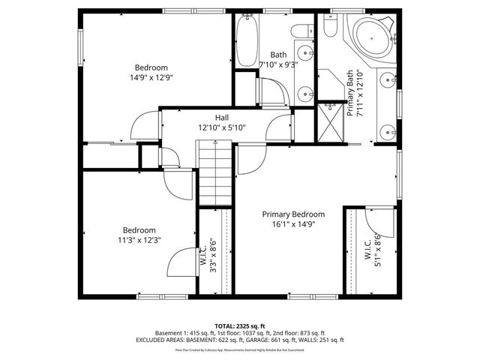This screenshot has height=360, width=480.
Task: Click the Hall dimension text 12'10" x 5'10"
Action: point(222,127)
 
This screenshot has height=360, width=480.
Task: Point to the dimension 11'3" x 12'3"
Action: point(140,240)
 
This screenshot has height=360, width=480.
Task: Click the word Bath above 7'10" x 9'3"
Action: point(278,55)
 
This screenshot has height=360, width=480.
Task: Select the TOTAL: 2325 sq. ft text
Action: point(239,325)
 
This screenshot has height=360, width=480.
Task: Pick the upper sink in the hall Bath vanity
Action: point(306,55)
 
